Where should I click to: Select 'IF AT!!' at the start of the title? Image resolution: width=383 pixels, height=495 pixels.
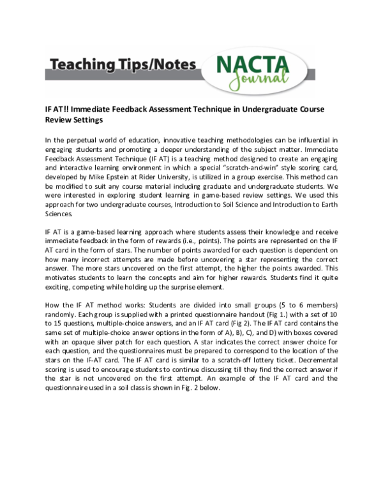click(x=58, y=109)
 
